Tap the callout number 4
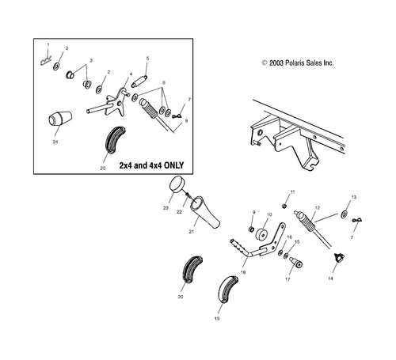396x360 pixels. (130, 74)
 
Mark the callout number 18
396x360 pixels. (243, 271)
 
